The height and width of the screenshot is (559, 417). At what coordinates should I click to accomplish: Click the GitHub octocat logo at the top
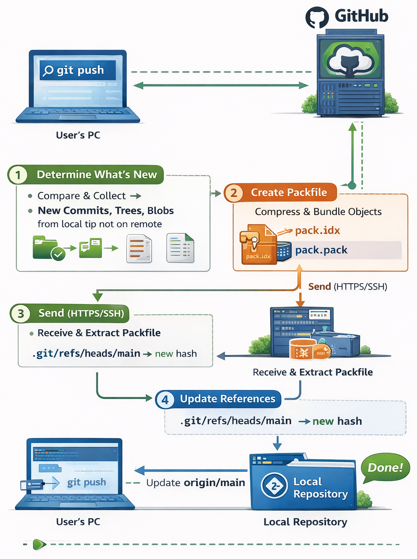tap(317, 18)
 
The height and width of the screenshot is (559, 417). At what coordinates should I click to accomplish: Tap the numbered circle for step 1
tap(18, 175)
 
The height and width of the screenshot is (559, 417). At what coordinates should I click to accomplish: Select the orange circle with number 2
tap(234, 193)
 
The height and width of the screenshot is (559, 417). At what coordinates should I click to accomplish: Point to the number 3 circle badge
tap(20, 314)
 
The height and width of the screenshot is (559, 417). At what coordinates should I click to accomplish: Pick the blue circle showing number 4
tap(165, 400)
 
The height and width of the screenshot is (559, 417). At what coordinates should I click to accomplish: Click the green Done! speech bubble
tap(385, 468)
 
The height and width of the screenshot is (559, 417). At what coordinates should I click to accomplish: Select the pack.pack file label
tap(321, 250)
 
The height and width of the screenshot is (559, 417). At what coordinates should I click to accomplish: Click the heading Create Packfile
tap(289, 192)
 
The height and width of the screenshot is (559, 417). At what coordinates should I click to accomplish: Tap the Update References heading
tap(227, 399)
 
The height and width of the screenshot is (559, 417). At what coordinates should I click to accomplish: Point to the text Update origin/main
tap(195, 483)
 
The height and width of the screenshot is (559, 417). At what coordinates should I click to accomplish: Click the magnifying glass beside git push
tap(48, 70)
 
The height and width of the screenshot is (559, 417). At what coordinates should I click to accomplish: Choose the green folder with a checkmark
tap(48, 248)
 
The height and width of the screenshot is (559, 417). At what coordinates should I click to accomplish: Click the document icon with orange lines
tap(139, 248)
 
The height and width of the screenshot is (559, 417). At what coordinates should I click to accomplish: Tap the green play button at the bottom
tap(39, 544)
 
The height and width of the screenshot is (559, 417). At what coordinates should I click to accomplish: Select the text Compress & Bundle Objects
tap(318, 212)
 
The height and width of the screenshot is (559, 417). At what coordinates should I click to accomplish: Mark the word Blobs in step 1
tap(161, 211)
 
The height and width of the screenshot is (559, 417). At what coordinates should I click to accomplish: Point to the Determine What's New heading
tap(96, 175)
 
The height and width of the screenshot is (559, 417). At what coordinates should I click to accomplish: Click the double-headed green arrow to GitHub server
tap(221, 86)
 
